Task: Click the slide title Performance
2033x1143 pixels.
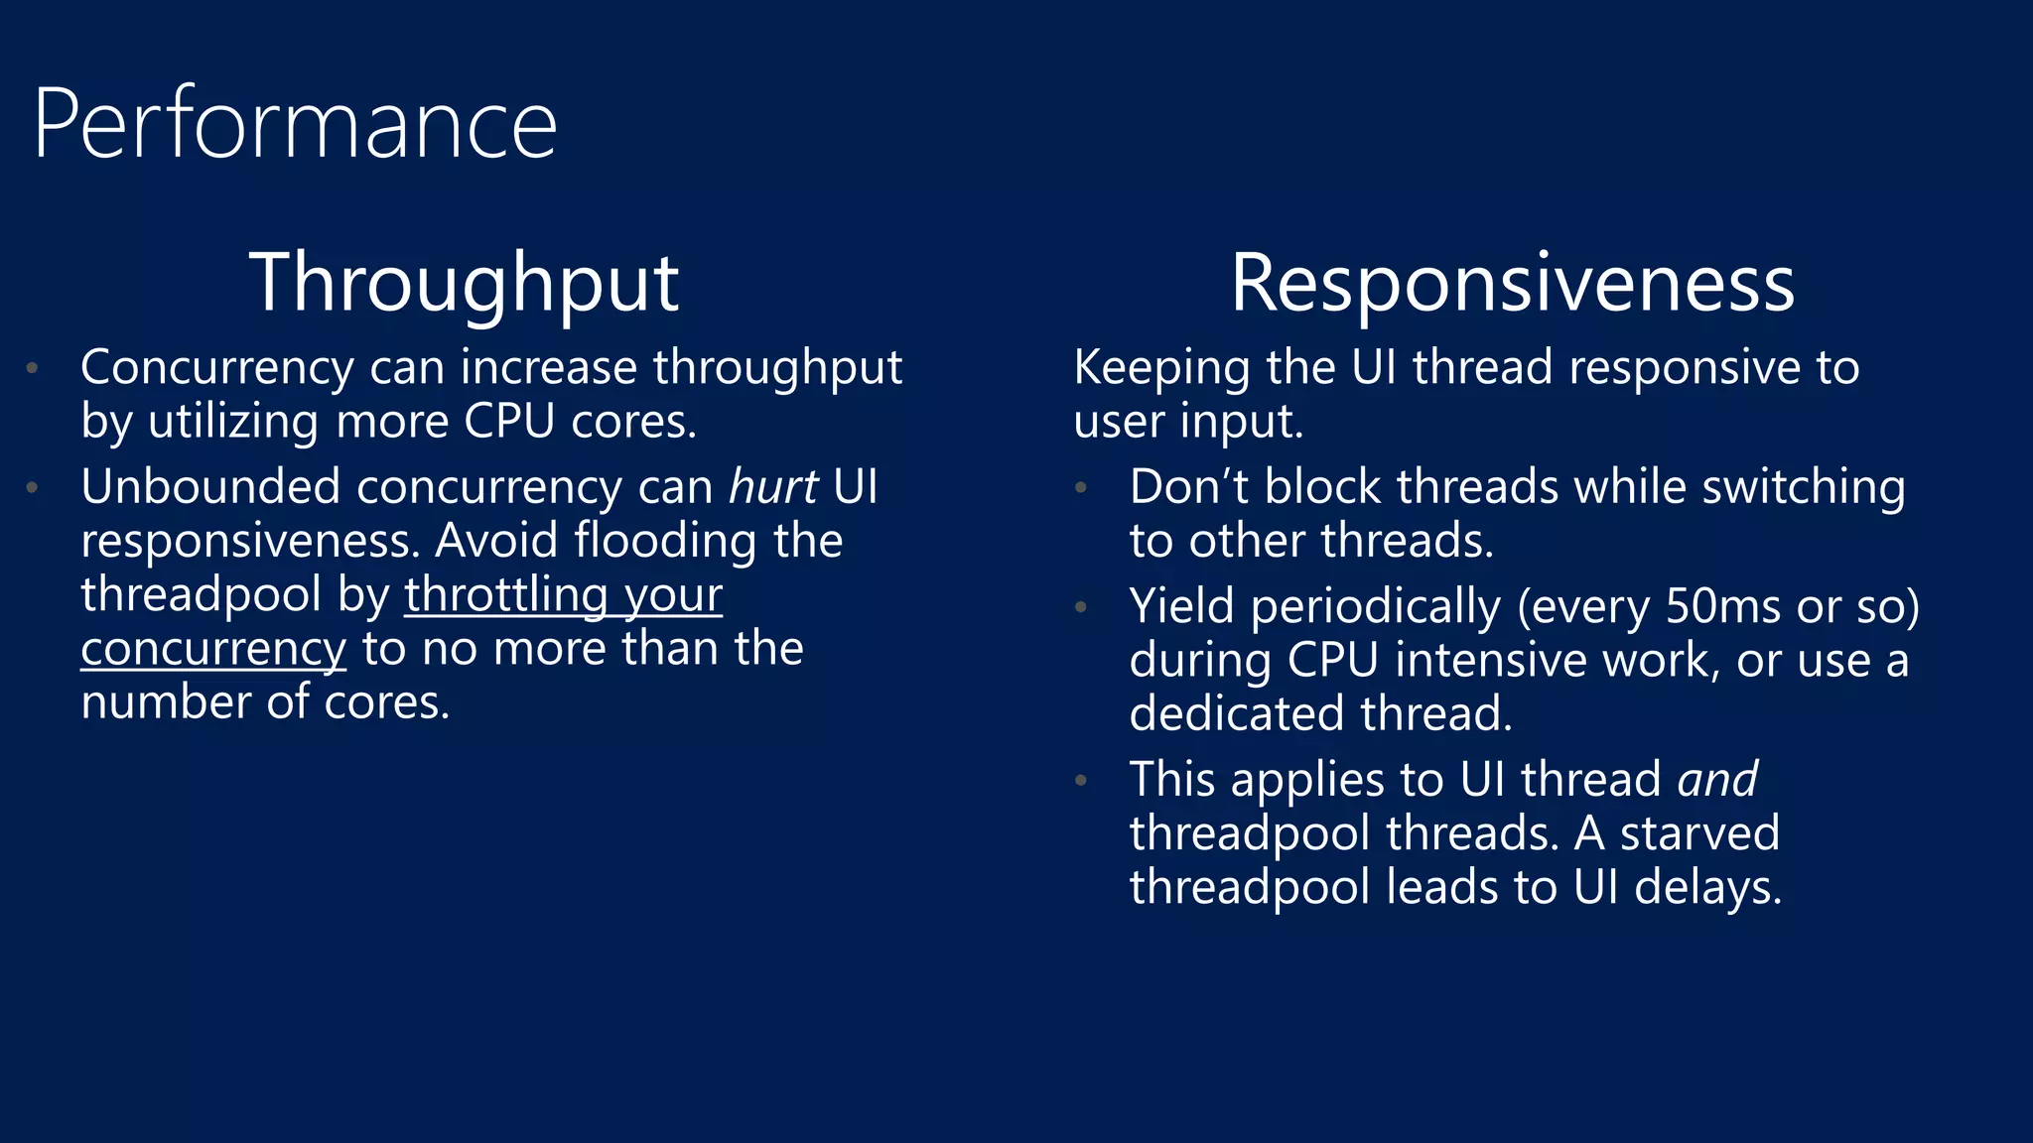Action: (295, 124)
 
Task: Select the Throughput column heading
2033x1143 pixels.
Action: (464, 283)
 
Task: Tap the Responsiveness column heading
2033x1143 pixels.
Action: (1512, 283)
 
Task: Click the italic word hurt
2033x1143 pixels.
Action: (773, 487)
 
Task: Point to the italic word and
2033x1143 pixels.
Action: (1717, 779)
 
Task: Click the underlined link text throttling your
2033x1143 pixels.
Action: (563, 595)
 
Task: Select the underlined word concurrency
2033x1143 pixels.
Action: (213, 650)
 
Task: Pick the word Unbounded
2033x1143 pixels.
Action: (210, 487)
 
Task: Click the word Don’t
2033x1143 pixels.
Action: (1189, 487)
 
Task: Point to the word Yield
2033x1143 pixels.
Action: (1181, 606)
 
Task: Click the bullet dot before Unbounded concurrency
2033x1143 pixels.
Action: (33, 487)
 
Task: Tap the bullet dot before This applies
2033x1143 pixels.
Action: (1081, 781)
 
